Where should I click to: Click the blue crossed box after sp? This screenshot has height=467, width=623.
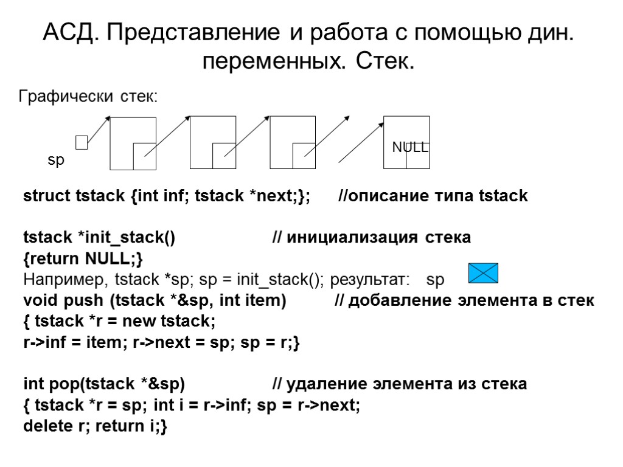click(484, 273)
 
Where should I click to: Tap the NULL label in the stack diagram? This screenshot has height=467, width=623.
click(410, 147)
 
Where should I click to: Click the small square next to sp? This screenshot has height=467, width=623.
click(82, 142)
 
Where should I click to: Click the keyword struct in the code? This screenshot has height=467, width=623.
click(47, 196)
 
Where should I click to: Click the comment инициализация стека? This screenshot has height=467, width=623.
click(371, 237)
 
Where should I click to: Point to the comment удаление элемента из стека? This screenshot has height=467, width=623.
click(399, 384)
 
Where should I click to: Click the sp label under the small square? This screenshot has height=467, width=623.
click(56, 161)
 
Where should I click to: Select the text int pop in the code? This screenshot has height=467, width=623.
click(51, 384)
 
